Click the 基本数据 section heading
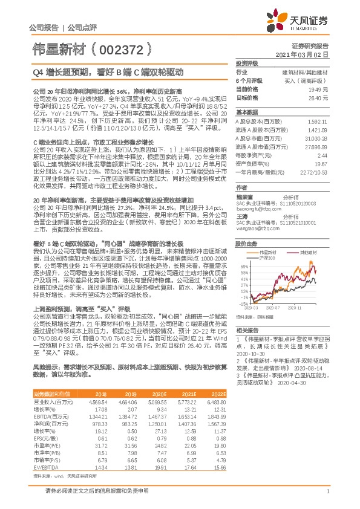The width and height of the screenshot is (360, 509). point(247,112)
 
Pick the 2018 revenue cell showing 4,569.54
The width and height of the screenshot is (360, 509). point(99,401)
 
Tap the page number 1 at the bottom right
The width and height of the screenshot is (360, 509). point(327,491)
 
